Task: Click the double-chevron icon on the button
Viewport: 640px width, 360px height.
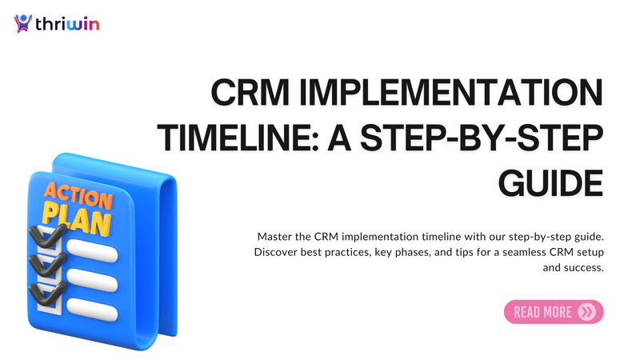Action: tap(587, 312)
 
